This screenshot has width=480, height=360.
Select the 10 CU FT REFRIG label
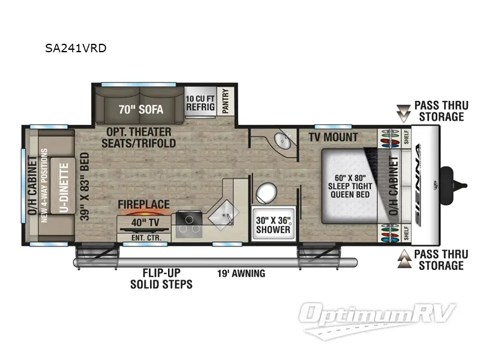199,103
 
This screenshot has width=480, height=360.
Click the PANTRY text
226,101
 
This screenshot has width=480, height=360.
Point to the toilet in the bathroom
265,194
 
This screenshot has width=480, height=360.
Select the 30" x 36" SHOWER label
273,224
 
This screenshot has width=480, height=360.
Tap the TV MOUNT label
333,137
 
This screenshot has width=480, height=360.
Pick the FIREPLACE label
143,204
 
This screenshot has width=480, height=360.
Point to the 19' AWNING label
241,274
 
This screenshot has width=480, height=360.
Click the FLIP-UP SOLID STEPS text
161,278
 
